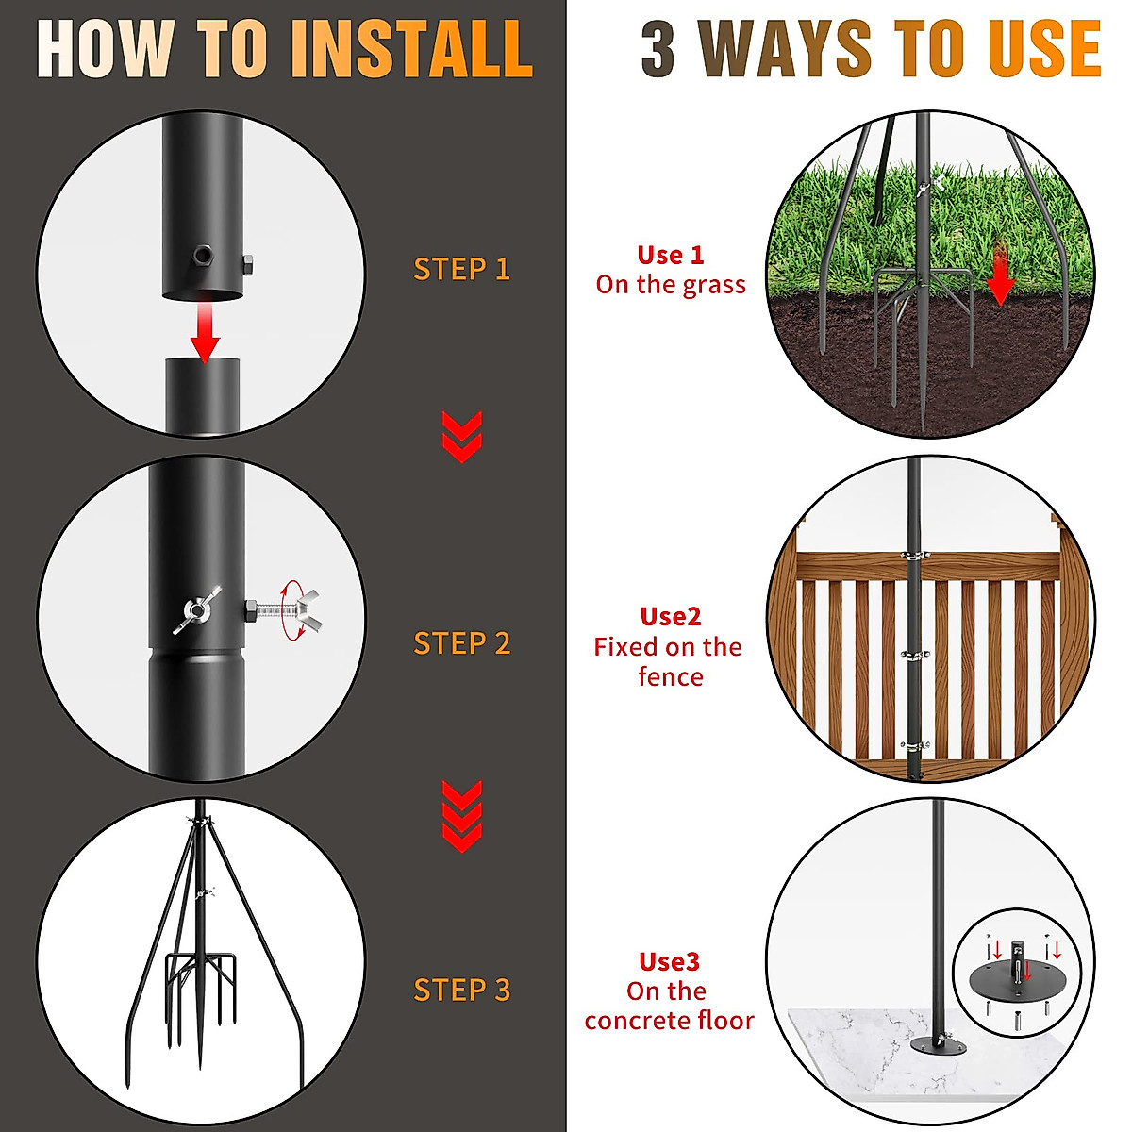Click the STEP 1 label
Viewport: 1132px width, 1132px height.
461,270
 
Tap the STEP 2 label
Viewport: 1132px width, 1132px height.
461,643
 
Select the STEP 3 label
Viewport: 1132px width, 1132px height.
461,990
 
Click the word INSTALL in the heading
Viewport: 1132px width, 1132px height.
412,49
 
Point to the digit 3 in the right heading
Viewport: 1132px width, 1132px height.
658,49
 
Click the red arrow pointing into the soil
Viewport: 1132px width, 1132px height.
1000,278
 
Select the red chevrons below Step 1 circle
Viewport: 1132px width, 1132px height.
461,437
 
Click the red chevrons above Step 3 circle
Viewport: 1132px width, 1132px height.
461,817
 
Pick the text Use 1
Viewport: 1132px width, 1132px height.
671,255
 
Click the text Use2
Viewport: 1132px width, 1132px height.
671,617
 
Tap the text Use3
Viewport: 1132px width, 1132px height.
669,962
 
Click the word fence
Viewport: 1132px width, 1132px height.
671,677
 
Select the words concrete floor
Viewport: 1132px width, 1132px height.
669,1021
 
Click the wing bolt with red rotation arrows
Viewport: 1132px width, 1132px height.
294,610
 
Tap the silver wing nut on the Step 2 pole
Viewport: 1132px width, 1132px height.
198,610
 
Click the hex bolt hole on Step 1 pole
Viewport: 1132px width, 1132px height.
201,255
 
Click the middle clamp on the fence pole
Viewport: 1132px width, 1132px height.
913,654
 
